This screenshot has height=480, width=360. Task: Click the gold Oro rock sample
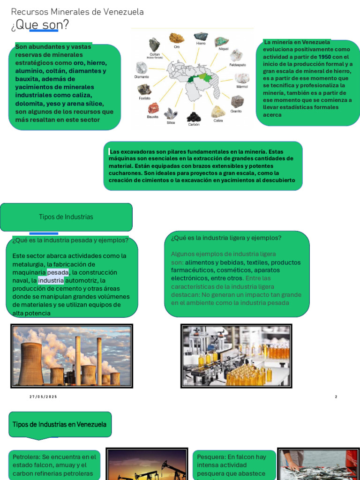pos(177,38)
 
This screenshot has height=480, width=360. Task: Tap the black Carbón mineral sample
pos(194,116)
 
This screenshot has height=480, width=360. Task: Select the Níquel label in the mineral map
pos(224,49)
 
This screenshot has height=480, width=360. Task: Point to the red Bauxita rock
pos(153,108)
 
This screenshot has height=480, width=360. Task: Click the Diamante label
pos(142,77)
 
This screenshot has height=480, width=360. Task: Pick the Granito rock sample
pos(237,101)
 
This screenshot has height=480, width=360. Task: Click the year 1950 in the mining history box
pos(324,57)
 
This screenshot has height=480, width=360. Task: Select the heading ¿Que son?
pos(39,25)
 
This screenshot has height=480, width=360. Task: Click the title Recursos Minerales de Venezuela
pos(77,12)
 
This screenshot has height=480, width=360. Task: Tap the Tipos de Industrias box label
pos(66,217)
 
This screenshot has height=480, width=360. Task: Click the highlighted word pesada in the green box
pos(58,272)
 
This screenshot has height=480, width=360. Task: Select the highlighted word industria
pos(51,280)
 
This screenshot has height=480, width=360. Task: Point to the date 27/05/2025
pos(43,397)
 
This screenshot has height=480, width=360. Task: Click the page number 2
pos(336,397)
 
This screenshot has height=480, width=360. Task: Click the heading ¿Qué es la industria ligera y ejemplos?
pos(226,238)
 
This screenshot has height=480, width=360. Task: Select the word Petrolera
pos(26,457)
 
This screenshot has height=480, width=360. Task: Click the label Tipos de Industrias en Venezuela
pos(60,425)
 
